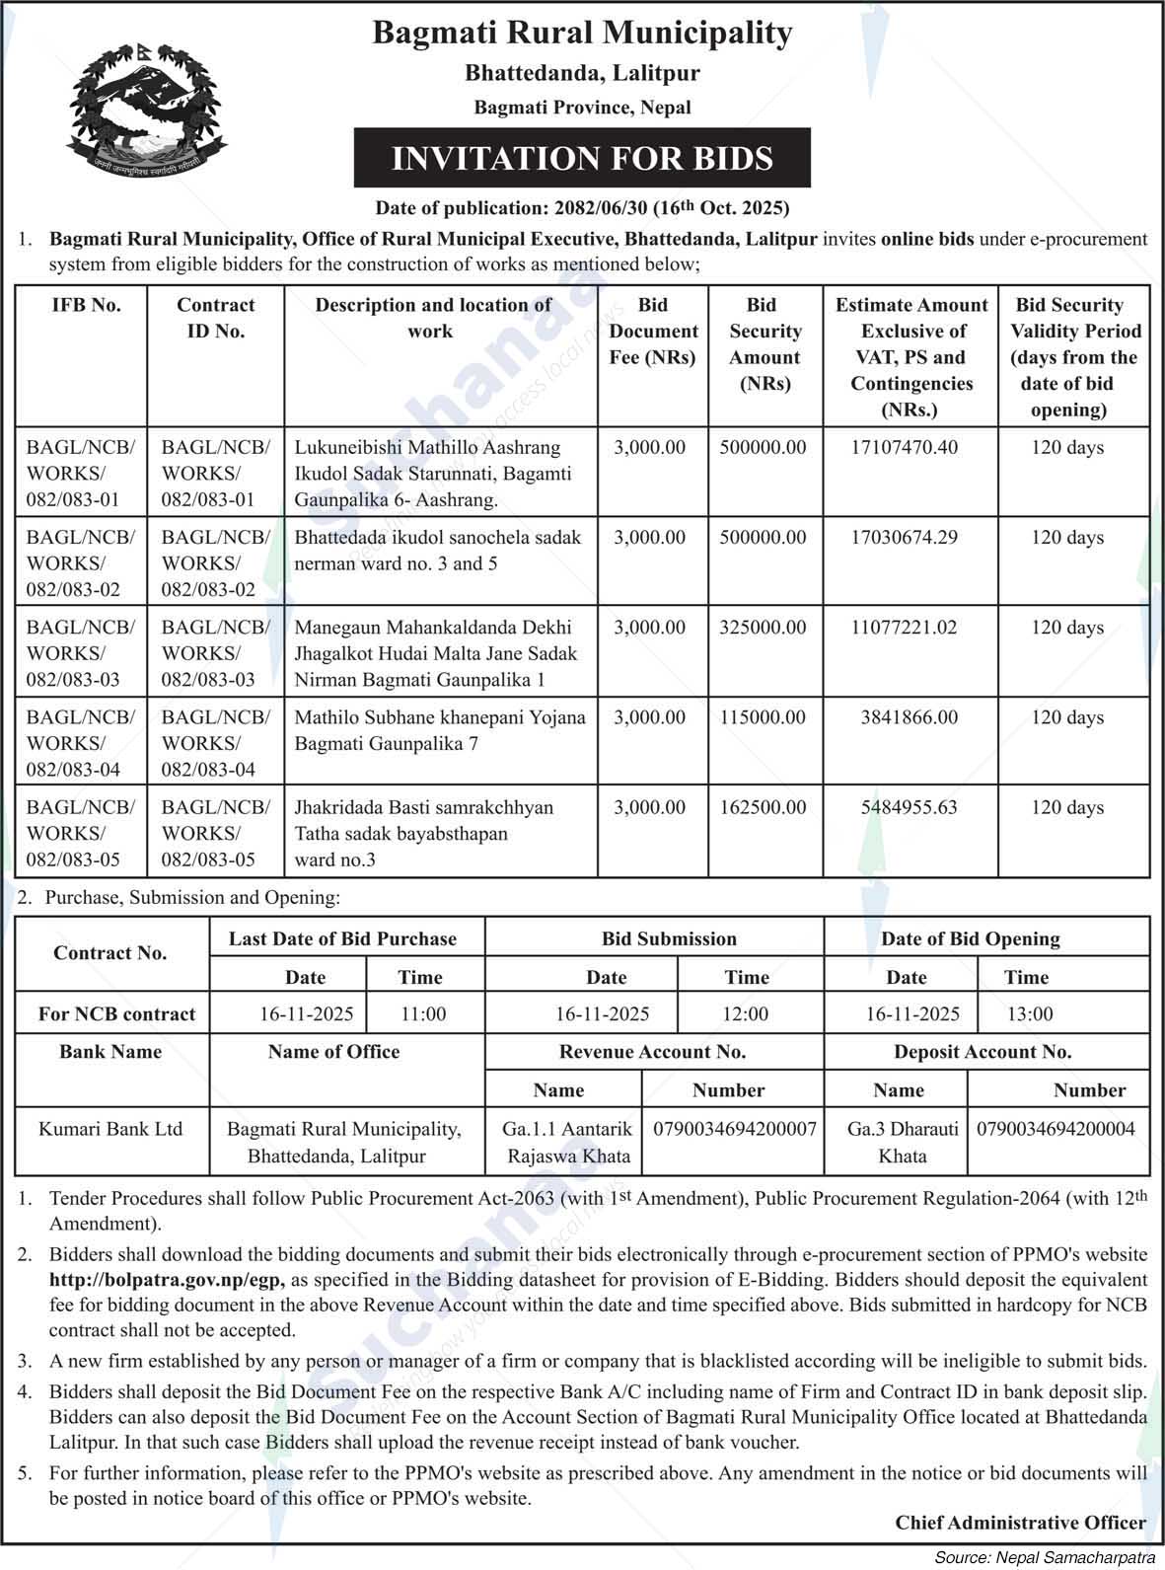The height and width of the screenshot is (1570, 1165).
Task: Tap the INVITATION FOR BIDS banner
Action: click(x=582, y=158)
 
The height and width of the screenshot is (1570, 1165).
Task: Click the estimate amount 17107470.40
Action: click(x=904, y=447)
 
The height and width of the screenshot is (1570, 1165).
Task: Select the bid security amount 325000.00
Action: click(x=763, y=628)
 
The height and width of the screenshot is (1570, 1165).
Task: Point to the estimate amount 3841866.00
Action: click(x=909, y=717)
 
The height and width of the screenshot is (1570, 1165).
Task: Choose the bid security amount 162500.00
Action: click(x=763, y=807)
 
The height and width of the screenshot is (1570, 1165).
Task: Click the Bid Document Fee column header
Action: click(x=653, y=332)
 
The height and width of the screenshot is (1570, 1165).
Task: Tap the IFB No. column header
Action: click(x=86, y=305)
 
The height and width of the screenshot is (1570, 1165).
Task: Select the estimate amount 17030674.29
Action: click(x=904, y=538)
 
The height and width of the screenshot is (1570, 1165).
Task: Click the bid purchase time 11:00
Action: click(x=423, y=1013)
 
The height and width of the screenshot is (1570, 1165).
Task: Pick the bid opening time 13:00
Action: click(x=1029, y=1013)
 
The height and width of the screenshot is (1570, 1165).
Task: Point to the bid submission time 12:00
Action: click(x=745, y=1013)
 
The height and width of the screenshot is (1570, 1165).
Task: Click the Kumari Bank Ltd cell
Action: click(x=110, y=1129)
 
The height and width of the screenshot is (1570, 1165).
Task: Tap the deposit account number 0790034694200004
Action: click(x=1056, y=1129)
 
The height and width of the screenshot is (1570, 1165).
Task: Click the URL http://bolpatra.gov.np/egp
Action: click(x=167, y=1281)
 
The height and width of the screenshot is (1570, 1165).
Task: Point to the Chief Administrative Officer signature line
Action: click(x=1020, y=1523)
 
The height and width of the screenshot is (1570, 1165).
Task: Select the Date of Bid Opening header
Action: click(x=971, y=938)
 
